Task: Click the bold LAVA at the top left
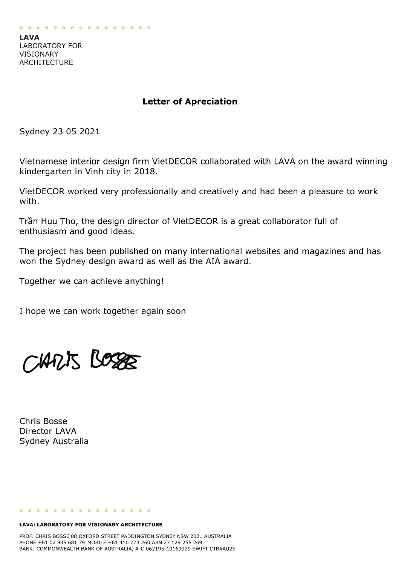coord(29,37)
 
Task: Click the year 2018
coord(146,171)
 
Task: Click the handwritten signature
coord(81,361)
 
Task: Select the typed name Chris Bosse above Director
coord(43,421)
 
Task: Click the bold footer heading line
coord(91,524)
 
